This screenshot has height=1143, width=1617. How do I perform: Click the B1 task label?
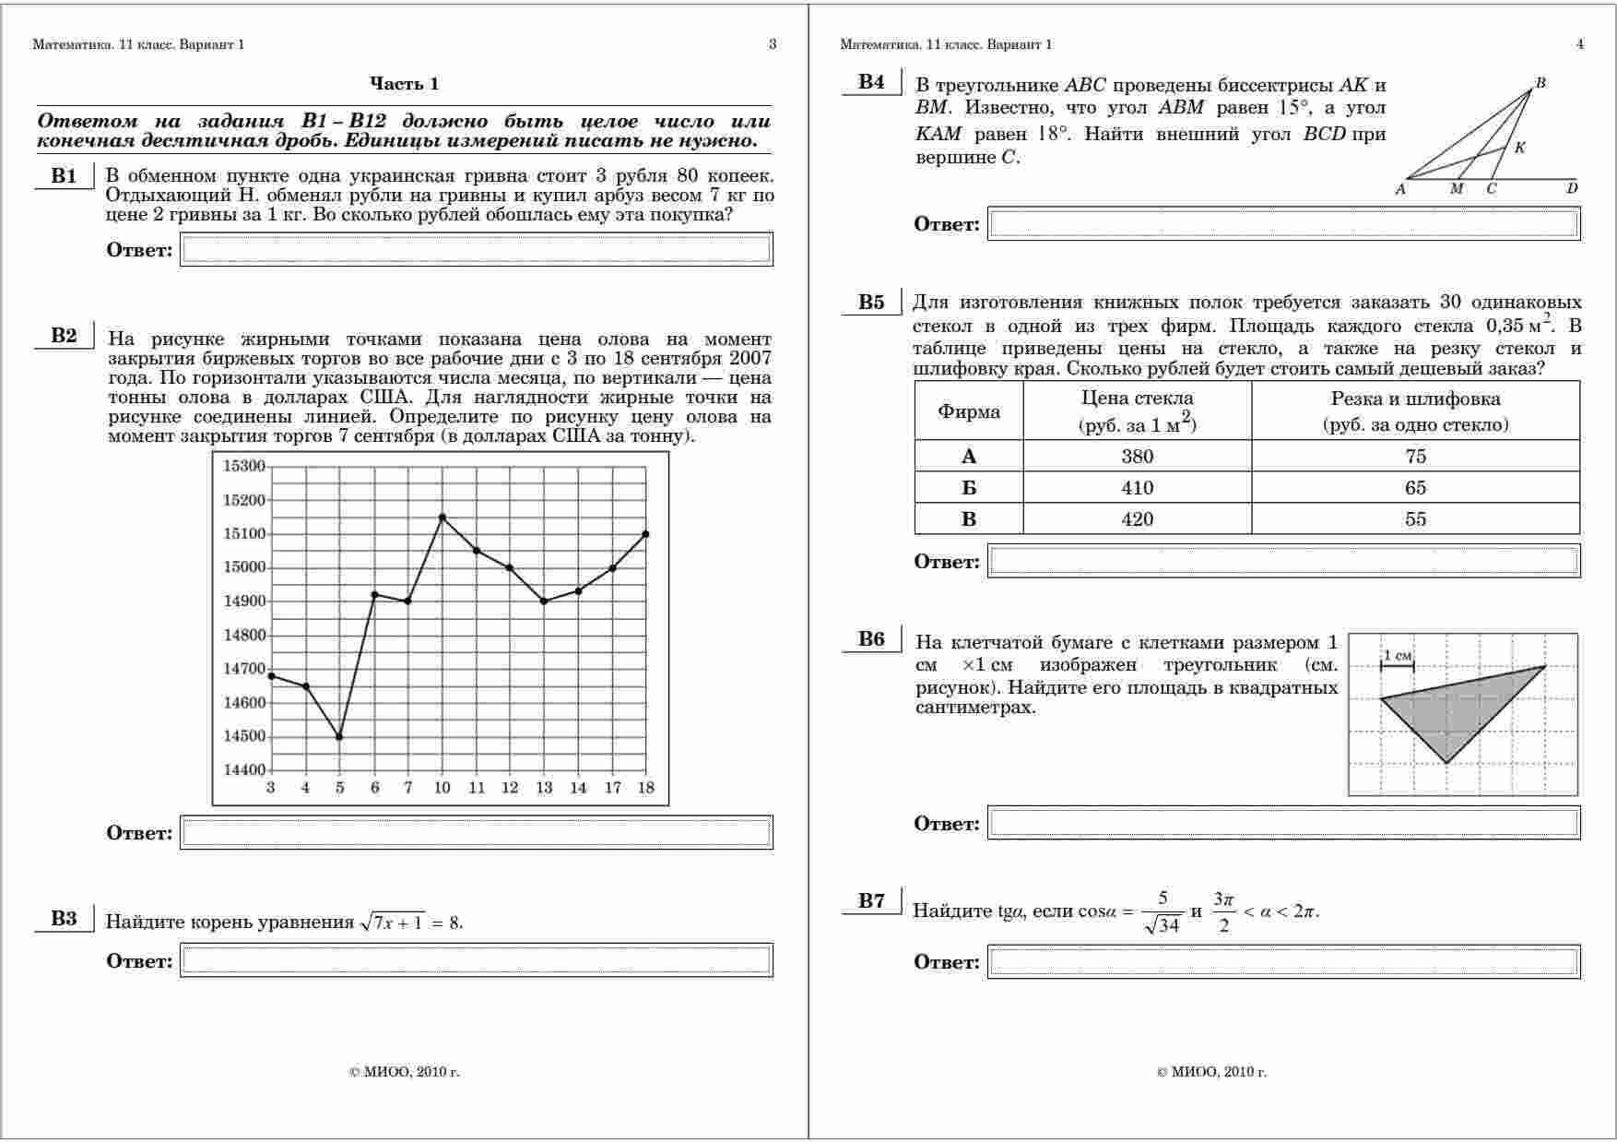coord(64,176)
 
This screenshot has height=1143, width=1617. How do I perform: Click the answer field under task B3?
coord(476,960)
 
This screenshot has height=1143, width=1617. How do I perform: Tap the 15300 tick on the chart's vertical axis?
coord(243,467)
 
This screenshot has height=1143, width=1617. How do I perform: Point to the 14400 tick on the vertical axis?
coord(243,770)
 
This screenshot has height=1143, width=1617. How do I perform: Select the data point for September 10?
coord(443,518)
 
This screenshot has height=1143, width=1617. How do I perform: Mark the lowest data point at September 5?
coord(339,737)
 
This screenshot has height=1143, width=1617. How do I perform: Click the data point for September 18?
coord(645,534)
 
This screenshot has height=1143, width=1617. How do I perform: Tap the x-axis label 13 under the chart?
coord(544,788)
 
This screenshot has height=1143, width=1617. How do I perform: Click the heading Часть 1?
coord(404,84)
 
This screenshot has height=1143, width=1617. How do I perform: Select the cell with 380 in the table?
coord(1137,456)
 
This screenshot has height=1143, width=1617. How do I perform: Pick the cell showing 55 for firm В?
coord(1415,519)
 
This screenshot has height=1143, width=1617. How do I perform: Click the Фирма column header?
coord(968,411)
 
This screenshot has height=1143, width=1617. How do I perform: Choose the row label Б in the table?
coord(968,488)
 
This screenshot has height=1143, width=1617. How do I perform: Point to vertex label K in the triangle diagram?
coord(1520,148)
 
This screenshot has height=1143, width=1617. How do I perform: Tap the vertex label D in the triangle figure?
coord(1572,188)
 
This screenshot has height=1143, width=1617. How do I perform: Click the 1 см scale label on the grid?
coord(1397,656)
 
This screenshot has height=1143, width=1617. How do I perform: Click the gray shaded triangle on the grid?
coord(1452,710)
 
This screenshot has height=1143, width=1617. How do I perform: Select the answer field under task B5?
coord(1283,561)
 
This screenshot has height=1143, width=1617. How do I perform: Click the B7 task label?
coord(871,901)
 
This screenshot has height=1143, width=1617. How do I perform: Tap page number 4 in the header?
coord(1580,44)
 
